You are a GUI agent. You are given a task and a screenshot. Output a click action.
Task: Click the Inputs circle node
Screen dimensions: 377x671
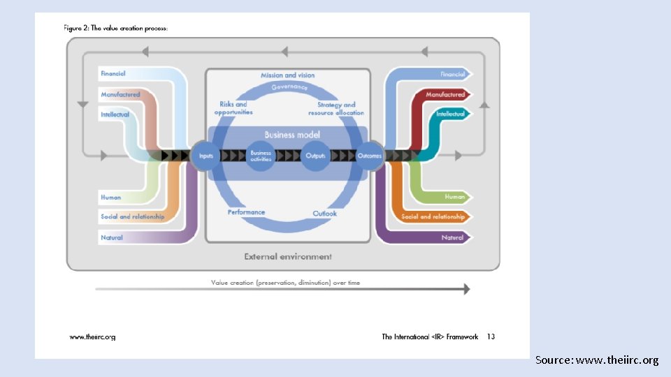(205, 156)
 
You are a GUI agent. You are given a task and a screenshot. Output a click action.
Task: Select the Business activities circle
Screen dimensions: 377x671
(261, 156)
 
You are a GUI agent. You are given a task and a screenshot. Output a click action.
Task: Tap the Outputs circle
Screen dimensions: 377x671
(315, 156)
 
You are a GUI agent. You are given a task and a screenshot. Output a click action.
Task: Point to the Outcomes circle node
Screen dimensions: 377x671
(370, 156)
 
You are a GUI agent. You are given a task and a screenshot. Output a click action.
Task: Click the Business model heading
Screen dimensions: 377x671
(291, 135)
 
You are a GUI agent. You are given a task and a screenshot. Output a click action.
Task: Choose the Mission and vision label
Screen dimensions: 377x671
(287, 75)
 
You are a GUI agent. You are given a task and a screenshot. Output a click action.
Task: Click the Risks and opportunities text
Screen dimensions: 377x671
(233, 108)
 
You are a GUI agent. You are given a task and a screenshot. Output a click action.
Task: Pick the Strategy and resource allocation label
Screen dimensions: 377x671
(336, 109)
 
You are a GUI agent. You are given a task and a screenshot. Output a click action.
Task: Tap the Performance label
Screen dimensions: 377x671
(246, 212)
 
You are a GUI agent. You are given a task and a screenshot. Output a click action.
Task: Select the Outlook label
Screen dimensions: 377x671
(324, 213)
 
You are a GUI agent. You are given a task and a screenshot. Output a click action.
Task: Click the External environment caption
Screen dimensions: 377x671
(288, 256)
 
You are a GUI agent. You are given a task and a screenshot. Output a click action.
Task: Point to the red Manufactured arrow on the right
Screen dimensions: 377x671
(446, 94)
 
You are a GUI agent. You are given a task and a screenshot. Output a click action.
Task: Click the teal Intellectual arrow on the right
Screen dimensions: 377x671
(451, 114)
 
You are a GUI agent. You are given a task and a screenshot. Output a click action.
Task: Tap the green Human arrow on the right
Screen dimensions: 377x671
(455, 197)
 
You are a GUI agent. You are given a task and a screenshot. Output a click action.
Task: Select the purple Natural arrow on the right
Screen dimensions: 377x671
(453, 237)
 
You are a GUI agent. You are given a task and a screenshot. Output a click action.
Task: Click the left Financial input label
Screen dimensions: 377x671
(113, 73)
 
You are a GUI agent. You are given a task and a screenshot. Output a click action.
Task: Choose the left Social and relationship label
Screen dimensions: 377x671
(132, 216)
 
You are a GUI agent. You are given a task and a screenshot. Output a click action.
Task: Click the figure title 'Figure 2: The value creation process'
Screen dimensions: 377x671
(116, 29)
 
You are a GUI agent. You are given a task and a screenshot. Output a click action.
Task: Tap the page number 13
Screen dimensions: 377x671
(491, 337)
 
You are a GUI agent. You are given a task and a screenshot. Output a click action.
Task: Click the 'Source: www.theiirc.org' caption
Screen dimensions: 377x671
(596, 360)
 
